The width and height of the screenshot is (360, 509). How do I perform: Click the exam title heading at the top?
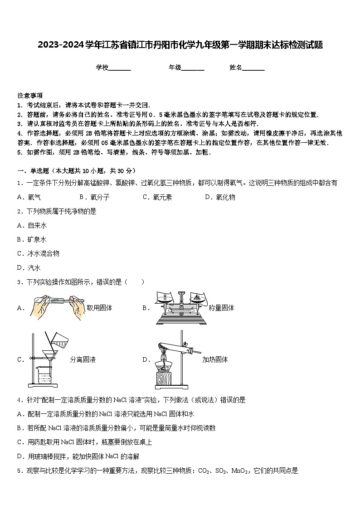point(180,45)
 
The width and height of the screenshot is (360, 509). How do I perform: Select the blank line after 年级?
point(193,68)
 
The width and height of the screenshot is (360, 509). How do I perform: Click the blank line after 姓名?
point(253,68)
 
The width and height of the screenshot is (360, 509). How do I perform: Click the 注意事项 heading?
point(30,96)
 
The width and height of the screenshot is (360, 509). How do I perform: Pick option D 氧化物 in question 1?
point(221,197)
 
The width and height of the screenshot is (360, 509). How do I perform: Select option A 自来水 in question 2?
point(34,225)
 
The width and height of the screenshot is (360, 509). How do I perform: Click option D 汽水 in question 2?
point(30,267)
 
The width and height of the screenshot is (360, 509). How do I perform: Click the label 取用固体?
point(99,308)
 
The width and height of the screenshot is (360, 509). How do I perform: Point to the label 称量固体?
point(221,308)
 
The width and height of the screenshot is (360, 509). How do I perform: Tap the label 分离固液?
point(83,359)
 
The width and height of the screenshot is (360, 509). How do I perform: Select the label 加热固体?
point(215,359)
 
